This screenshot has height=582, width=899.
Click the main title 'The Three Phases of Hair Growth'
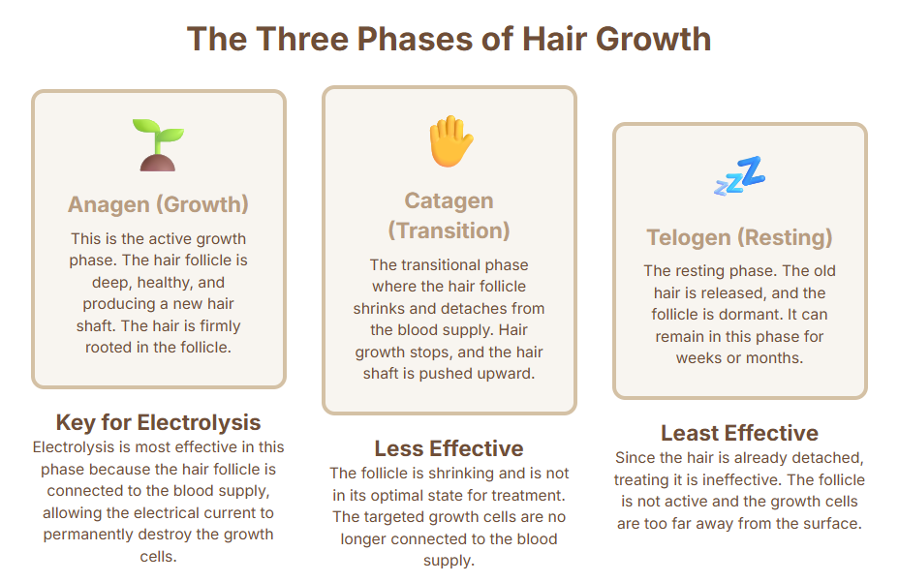point(449,39)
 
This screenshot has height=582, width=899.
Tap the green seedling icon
point(158,145)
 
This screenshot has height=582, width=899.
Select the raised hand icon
point(451,141)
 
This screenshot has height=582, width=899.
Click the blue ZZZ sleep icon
point(739,175)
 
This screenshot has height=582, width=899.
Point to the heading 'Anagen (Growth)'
point(158,204)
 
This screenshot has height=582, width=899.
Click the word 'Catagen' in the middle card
point(449,200)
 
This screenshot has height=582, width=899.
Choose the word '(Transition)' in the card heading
point(449,230)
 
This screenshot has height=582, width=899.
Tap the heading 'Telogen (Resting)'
point(739,237)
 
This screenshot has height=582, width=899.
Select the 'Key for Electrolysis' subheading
point(158,422)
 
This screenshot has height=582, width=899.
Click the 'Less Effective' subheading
point(449,448)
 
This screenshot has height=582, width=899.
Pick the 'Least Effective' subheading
point(739,433)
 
